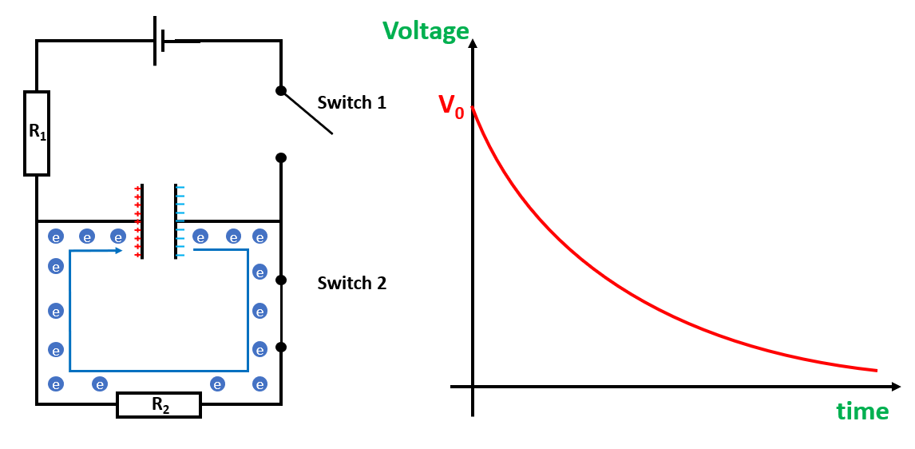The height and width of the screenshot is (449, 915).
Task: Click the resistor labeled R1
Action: click(37, 133)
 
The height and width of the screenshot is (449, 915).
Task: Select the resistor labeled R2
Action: click(159, 405)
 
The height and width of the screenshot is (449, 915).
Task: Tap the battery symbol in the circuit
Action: click(160, 41)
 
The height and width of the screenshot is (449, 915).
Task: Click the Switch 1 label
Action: click(351, 103)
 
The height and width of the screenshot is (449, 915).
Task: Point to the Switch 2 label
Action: click(351, 284)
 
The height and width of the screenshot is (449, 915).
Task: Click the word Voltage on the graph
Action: click(426, 31)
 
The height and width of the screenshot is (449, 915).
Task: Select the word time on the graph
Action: click(862, 411)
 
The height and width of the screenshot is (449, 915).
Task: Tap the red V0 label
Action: click(450, 107)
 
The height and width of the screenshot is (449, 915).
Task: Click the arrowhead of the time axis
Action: click(896, 387)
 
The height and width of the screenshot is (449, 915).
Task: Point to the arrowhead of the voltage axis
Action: click(473, 43)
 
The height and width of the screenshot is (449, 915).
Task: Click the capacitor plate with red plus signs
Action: click(142, 221)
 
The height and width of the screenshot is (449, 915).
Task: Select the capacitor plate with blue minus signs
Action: click(176, 221)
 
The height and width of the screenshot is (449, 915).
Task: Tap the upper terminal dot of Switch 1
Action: click(281, 91)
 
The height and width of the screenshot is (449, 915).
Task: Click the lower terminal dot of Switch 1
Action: click(281, 158)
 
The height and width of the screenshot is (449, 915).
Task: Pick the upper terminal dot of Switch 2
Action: click(281, 280)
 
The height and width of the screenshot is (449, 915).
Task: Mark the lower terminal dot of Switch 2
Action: click(281, 348)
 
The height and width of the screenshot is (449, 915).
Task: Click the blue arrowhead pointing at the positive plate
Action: click(118, 250)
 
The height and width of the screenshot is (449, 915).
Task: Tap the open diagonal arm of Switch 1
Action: click(307, 113)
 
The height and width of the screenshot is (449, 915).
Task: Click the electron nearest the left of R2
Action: click(100, 384)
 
